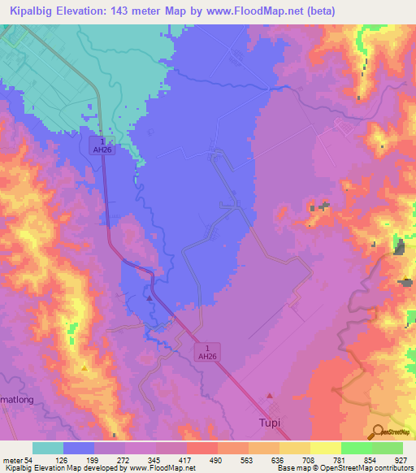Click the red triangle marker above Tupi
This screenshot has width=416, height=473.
271,396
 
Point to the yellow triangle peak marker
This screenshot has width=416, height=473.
84,368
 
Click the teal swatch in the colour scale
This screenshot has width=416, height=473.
48,448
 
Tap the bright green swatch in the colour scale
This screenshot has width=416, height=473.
356,448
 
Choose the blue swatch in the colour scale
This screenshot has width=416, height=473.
79,448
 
